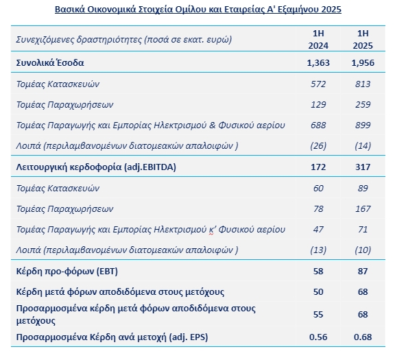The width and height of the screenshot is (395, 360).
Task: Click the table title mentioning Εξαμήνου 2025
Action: (198, 10)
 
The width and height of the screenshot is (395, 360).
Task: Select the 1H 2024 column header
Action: (318, 40)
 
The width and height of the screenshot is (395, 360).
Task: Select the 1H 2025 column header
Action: (363, 40)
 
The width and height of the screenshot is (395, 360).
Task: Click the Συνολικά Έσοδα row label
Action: (50, 62)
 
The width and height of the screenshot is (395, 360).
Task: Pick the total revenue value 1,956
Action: (363, 62)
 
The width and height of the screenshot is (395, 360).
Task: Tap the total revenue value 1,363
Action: (318, 62)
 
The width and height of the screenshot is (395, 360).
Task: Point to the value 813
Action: (363, 84)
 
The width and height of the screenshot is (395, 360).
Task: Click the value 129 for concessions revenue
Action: (318, 104)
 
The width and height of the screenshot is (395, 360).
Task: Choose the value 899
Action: (363, 125)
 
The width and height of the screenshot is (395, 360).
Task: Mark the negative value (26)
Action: (318, 146)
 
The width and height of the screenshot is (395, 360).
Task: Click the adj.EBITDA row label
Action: (96, 167)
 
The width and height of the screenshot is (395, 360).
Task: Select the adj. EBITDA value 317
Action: (363, 167)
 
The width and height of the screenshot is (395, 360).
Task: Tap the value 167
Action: (363, 209)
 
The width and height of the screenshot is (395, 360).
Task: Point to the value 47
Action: (318, 230)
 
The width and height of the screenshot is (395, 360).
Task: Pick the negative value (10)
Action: (363, 250)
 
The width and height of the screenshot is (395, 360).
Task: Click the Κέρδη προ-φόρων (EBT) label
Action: (67, 272)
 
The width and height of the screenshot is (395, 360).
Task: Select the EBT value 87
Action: (363, 272)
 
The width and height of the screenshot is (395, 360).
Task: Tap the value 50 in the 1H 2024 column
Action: (318, 292)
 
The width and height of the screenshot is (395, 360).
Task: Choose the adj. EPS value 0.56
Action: (318, 337)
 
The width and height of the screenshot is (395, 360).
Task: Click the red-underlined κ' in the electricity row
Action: (211, 230)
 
